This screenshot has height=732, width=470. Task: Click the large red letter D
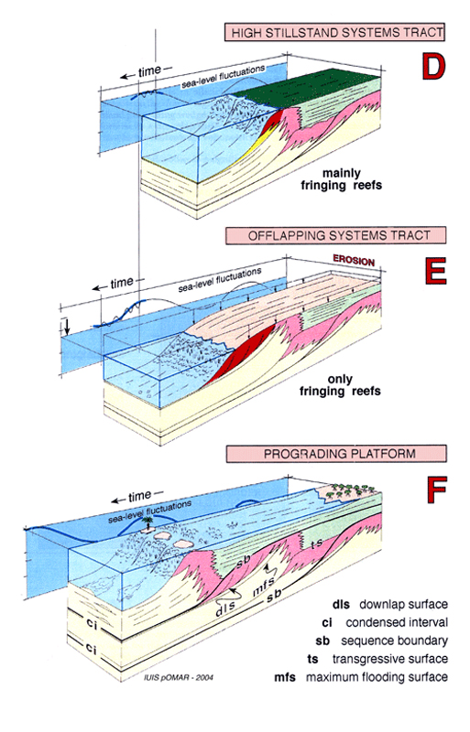[x=433, y=66]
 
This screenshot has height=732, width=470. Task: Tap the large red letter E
[x=435, y=271]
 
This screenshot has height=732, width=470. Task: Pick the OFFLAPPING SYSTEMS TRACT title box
[x=336, y=235]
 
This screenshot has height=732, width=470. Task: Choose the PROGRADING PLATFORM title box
[x=336, y=454]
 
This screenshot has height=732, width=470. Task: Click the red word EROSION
[x=354, y=261]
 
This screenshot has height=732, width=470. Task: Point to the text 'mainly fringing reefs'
[x=341, y=179]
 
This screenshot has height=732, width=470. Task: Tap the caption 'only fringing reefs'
[x=340, y=385]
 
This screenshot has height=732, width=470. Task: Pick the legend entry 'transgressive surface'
[x=377, y=659]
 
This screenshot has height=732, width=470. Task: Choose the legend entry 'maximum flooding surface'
[x=361, y=677]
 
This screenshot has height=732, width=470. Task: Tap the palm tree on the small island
[x=148, y=522]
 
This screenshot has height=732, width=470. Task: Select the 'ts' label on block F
[x=317, y=544]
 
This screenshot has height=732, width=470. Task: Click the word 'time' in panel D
[x=149, y=71]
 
